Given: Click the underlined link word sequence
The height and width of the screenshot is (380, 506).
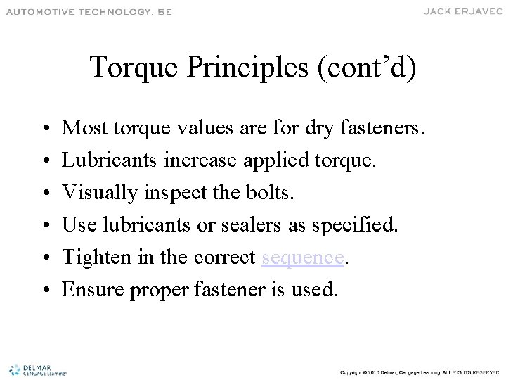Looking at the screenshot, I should tap(303, 258).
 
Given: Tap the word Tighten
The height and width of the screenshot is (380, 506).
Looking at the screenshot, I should tap(93, 258).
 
